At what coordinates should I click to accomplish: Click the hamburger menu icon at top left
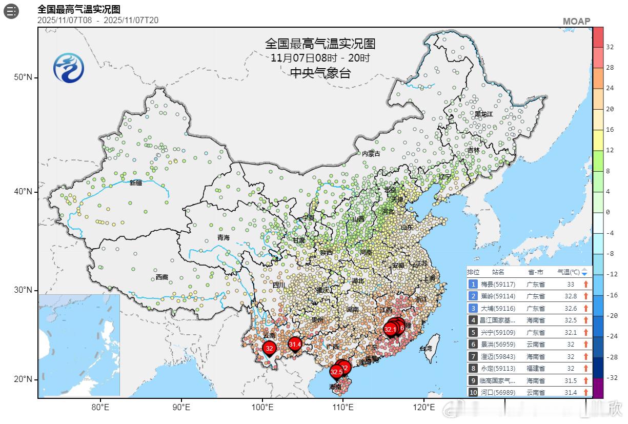click(x=11, y=11)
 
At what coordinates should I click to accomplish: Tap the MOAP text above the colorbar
click(x=576, y=22)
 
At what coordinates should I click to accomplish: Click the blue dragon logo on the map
click(x=69, y=68)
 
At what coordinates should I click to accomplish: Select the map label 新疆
click(x=136, y=183)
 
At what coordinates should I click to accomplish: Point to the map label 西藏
click(x=162, y=277)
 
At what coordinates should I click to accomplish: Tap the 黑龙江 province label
click(x=483, y=114)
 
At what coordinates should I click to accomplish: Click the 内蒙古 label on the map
click(x=371, y=154)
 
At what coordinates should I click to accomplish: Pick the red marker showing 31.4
click(x=295, y=345)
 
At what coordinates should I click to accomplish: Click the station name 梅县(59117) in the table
click(x=494, y=284)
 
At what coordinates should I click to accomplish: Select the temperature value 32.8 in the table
click(x=570, y=296)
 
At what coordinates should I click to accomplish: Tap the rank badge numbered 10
click(x=473, y=392)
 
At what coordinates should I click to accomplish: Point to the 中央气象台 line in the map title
click(x=320, y=73)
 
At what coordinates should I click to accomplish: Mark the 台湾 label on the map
click(x=426, y=349)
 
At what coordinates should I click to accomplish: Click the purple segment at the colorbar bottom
click(x=598, y=388)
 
